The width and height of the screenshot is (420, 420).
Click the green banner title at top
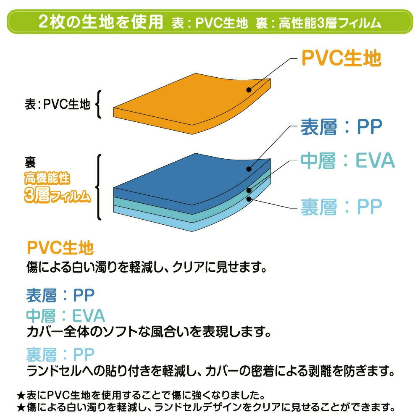click(210, 22)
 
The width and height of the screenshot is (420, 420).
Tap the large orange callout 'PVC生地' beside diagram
click(341, 58)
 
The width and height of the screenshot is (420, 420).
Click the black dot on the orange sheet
click(249, 90)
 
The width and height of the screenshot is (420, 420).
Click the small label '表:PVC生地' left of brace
click(57, 104)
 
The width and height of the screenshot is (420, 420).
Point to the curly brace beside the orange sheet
click(99, 104)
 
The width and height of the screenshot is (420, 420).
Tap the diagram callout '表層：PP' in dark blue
click(341, 127)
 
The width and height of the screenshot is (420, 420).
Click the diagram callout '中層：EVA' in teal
click(347, 161)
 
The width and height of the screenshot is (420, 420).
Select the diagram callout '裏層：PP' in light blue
click(341, 207)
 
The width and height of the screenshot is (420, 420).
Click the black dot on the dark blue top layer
click(249, 169)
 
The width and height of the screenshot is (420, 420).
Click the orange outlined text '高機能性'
click(47, 178)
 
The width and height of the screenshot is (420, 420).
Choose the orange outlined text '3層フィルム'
click(57, 195)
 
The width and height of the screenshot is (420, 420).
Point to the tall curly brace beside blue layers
click(99, 187)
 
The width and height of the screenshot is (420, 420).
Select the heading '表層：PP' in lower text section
click(60, 295)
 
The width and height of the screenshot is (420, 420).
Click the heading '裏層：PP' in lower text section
click(60, 354)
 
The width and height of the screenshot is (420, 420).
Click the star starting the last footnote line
click(21, 408)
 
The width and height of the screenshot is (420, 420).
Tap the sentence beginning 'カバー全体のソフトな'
click(149, 332)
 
